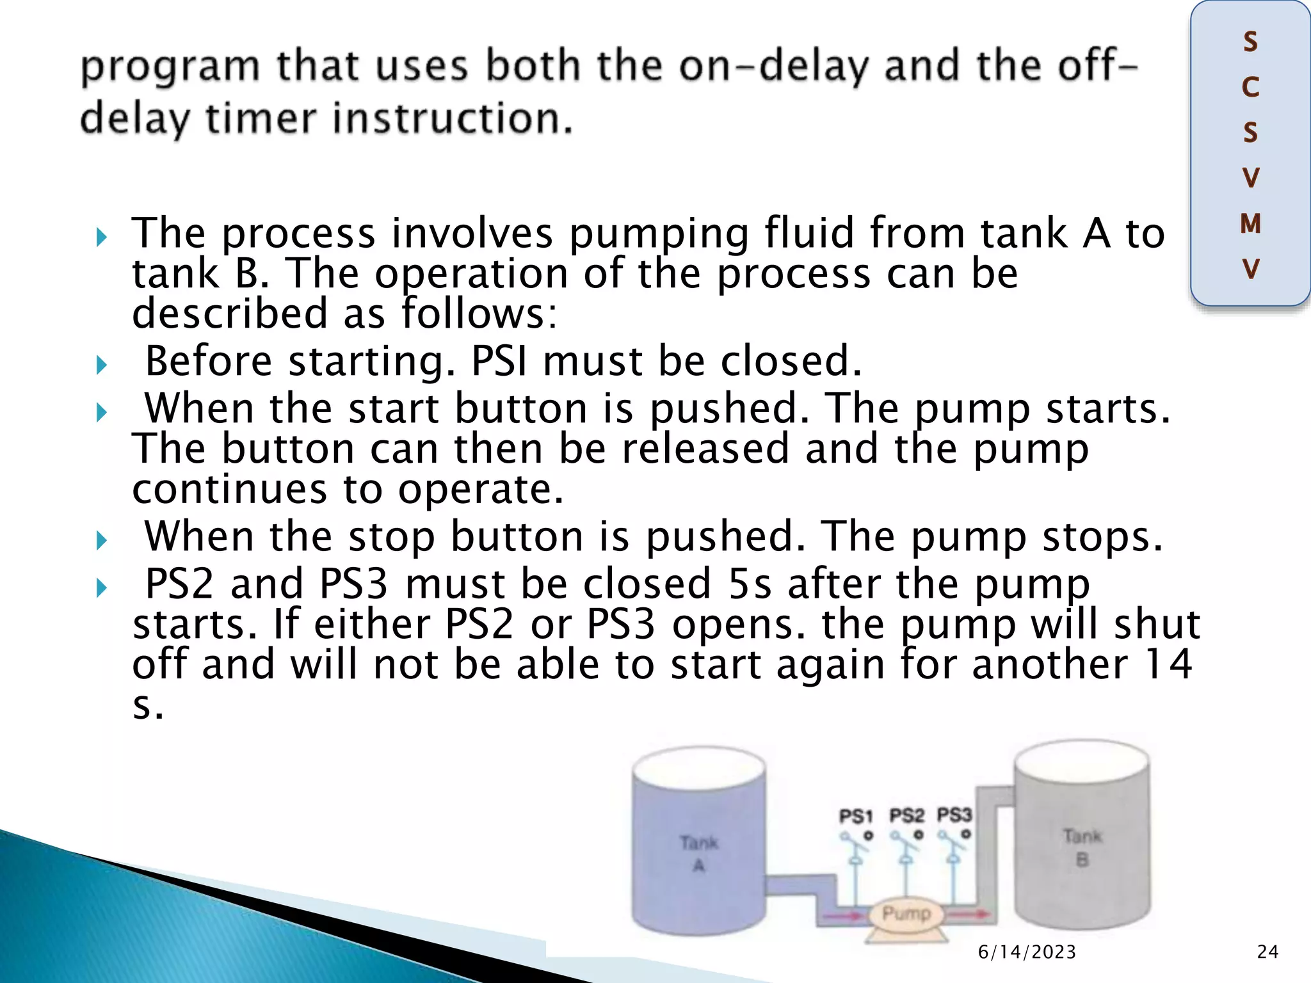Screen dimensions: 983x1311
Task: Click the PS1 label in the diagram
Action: pos(856,816)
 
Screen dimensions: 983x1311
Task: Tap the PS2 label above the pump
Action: pos(906,815)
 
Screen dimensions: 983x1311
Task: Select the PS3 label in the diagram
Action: pos(954,815)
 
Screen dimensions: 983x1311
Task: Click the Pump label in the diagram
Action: pos(906,913)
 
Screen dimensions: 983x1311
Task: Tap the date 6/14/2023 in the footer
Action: pos(1027,952)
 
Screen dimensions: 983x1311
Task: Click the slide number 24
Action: pos(1267,952)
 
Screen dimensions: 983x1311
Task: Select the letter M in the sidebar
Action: pos(1250,224)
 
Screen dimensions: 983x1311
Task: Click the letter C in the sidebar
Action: pos(1250,88)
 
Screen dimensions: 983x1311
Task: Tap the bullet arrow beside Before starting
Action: pos(102,365)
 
